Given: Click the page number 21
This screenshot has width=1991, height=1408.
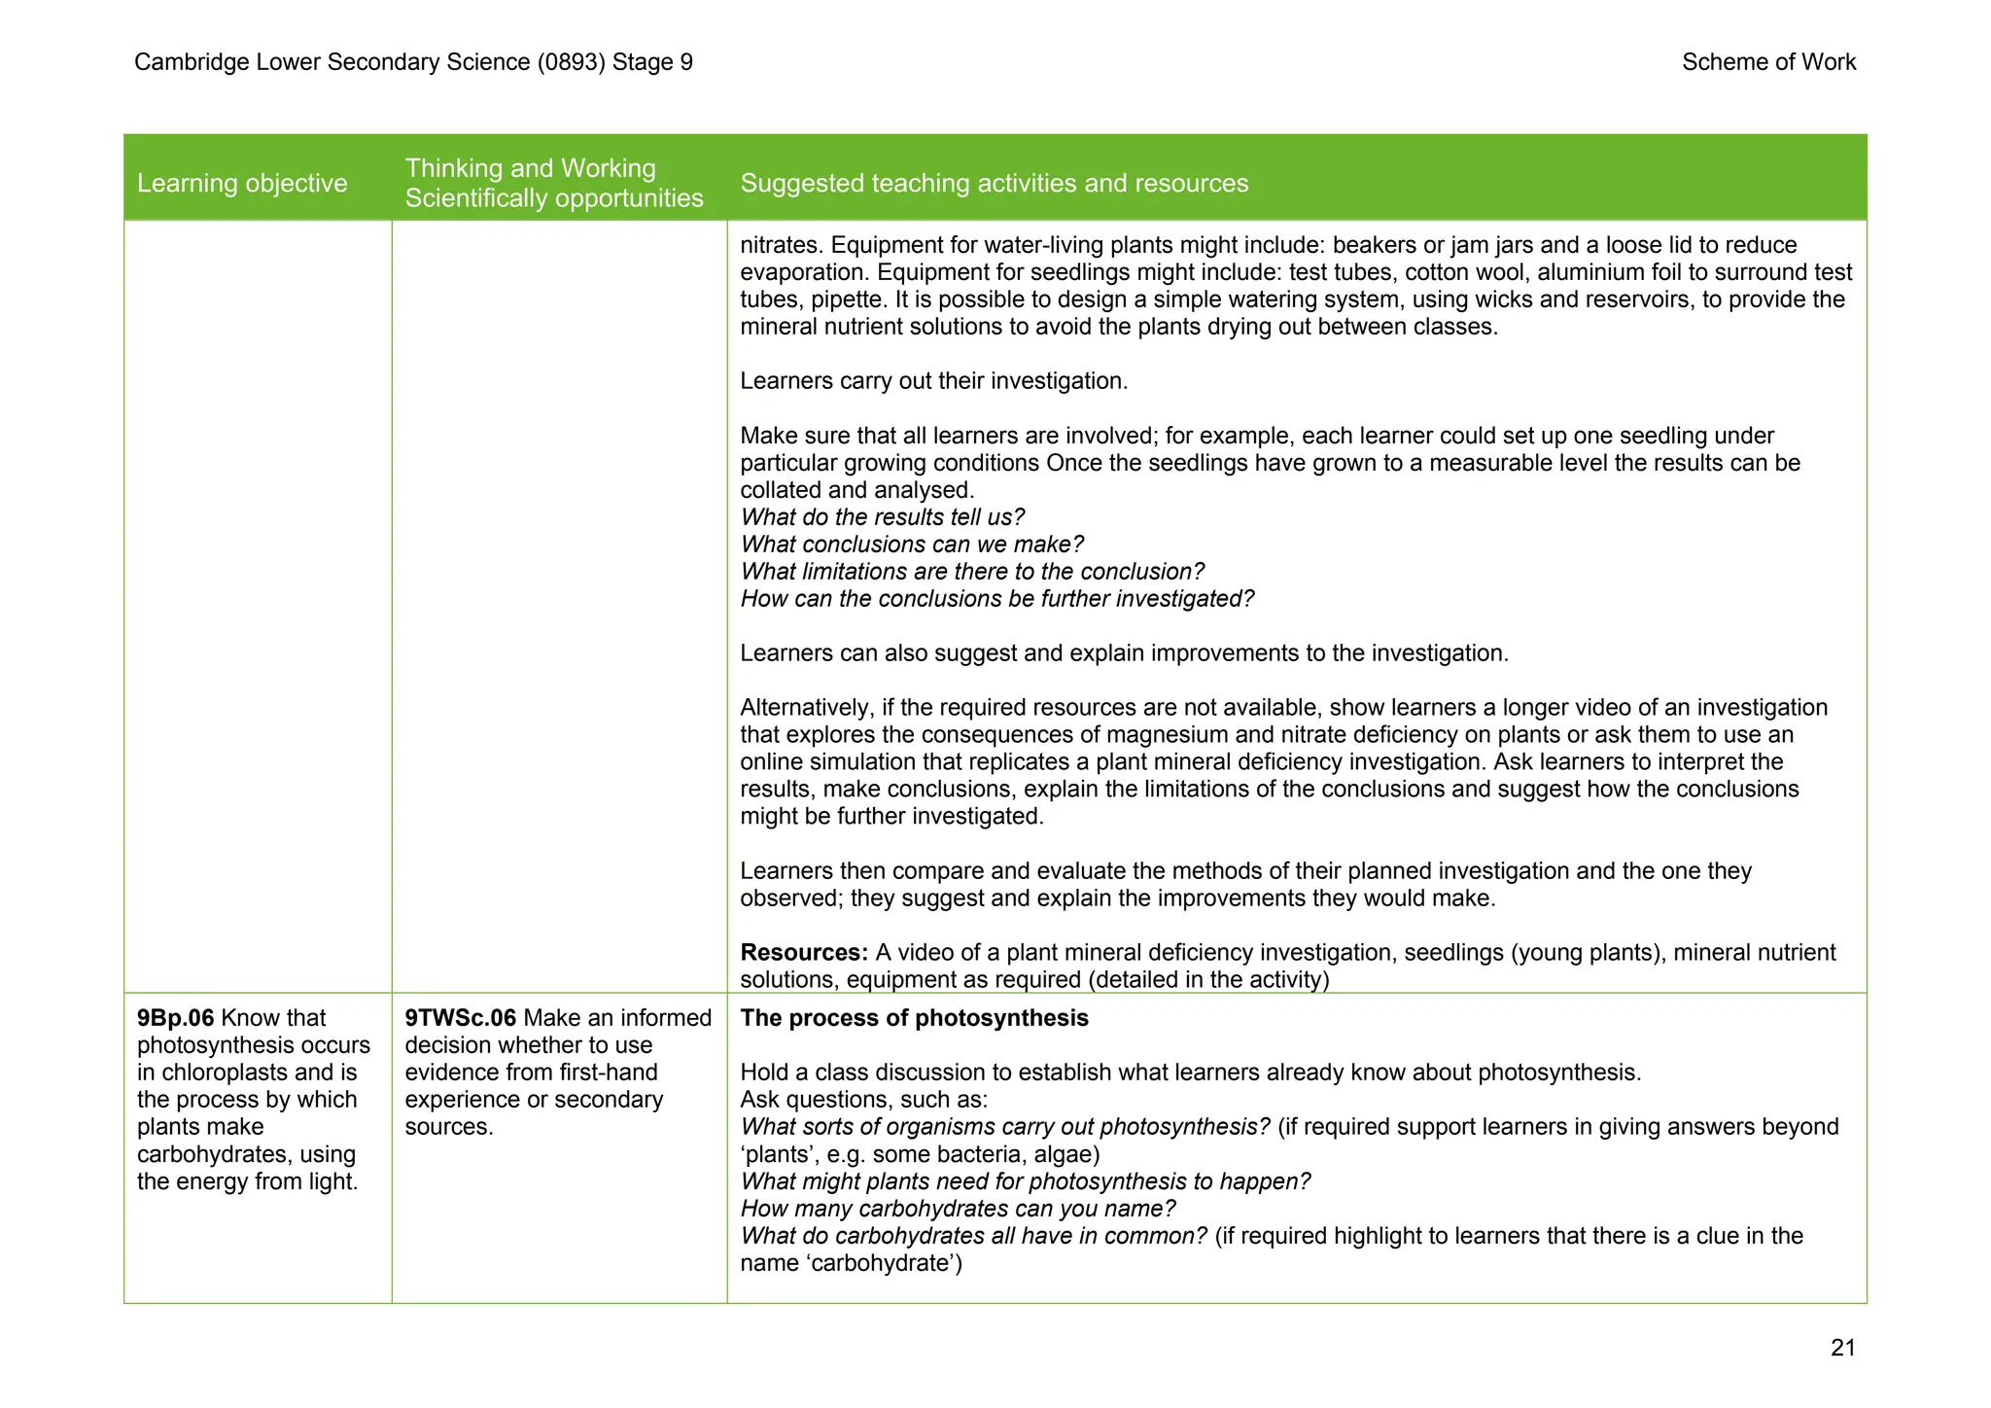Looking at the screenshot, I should click(x=1842, y=1348).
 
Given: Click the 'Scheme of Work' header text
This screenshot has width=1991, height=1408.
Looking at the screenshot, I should click(x=1768, y=62).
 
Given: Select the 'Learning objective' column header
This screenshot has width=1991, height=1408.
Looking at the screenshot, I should click(x=242, y=183).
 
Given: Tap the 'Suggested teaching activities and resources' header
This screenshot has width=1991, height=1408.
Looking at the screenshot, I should click(x=994, y=183).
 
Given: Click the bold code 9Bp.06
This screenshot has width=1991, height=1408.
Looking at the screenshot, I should click(x=175, y=1018).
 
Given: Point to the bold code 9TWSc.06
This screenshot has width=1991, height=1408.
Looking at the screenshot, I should click(x=460, y=1018).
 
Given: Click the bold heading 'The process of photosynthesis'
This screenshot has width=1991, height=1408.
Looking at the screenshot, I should click(x=914, y=1018).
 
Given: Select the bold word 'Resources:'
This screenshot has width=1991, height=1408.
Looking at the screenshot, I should click(x=804, y=952).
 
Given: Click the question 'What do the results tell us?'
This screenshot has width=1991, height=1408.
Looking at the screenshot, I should click(x=882, y=517).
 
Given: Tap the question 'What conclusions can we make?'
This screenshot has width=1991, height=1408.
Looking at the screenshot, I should click(x=911, y=545).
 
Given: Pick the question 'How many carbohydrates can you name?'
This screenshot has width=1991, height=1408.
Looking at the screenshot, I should click(x=958, y=1209).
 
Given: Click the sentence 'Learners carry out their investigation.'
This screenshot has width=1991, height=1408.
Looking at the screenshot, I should click(x=933, y=381).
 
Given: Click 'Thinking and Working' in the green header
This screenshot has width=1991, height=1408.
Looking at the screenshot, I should click(x=530, y=168).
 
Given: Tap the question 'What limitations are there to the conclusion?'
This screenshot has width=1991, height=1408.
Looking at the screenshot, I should click(x=972, y=572).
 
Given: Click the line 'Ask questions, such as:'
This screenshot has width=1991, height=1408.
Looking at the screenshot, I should click(x=863, y=1100).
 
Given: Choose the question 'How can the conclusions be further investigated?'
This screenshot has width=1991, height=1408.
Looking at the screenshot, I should click(x=996, y=599).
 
